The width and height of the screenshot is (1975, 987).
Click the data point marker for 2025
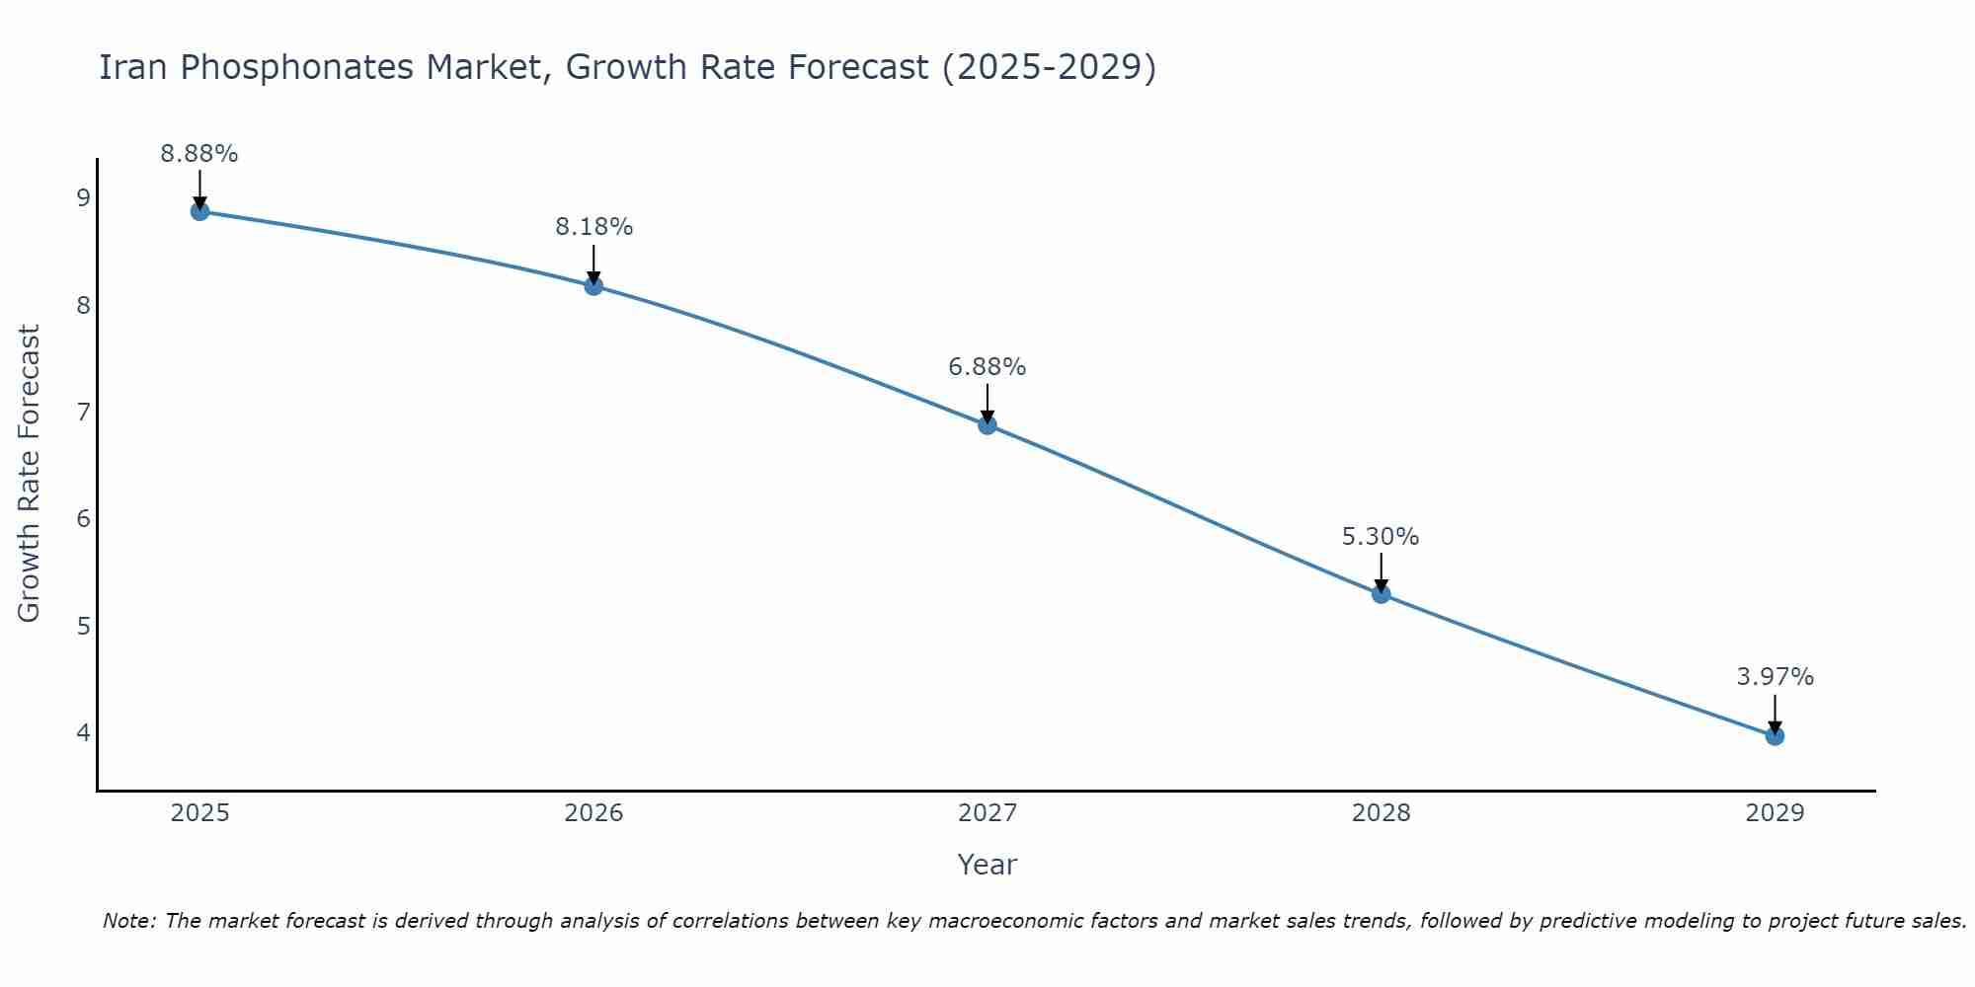tap(199, 211)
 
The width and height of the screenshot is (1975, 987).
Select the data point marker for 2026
tap(593, 286)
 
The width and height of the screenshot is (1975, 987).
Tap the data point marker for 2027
tap(987, 425)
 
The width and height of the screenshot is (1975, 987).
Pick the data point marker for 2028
tap(1381, 594)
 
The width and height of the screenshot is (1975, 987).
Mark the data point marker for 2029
tap(1775, 736)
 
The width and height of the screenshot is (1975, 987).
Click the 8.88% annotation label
tap(199, 154)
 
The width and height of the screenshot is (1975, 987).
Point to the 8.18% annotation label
tap(593, 227)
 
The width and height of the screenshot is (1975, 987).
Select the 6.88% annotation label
tap(987, 367)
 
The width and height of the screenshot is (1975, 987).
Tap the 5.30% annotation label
tap(1381, 537)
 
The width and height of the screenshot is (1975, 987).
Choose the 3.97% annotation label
tap(1775, 677)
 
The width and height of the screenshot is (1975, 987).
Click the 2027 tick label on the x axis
tap(987, 813)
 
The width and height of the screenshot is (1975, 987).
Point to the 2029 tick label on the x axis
tap(1775, 813)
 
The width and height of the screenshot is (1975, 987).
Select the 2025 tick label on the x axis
tap(199, 813)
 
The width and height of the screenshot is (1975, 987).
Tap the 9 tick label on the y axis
tap(83, 198)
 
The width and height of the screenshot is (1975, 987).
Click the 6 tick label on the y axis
tap(83, 519)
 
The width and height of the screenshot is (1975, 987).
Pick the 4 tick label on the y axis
tap(83, 732)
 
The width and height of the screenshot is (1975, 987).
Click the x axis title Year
tap(987, 865)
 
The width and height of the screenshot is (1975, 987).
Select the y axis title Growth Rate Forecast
tap(30, 474)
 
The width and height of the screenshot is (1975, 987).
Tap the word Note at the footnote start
tap(128, 921)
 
